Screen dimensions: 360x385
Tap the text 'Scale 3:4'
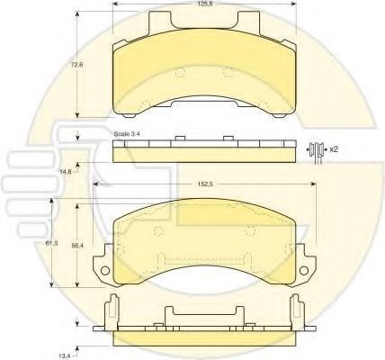(126, 133)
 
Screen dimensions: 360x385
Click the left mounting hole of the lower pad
(105, 272)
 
